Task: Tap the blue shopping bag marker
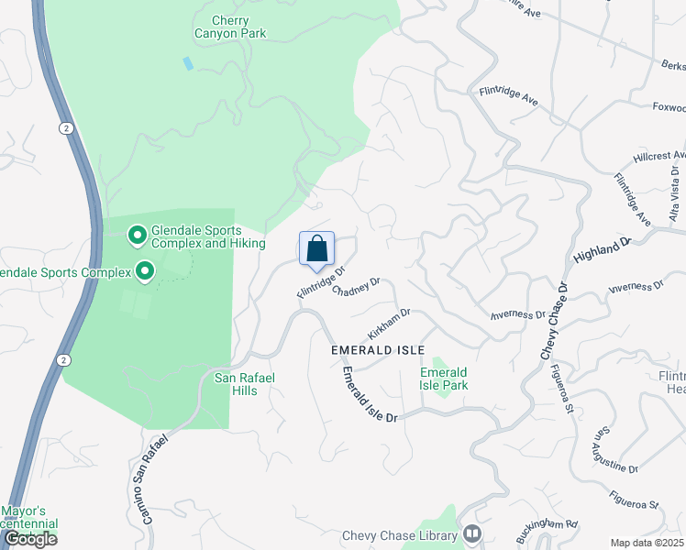tap(316, 248)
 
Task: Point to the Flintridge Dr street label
tap(320, 282)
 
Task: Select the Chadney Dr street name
tap(355, 288)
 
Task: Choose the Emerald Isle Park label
tap(444, 379)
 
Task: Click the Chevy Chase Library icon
tap(472, 533)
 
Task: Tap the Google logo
tap(30, 539)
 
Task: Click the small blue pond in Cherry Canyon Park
tap(188, 63)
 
